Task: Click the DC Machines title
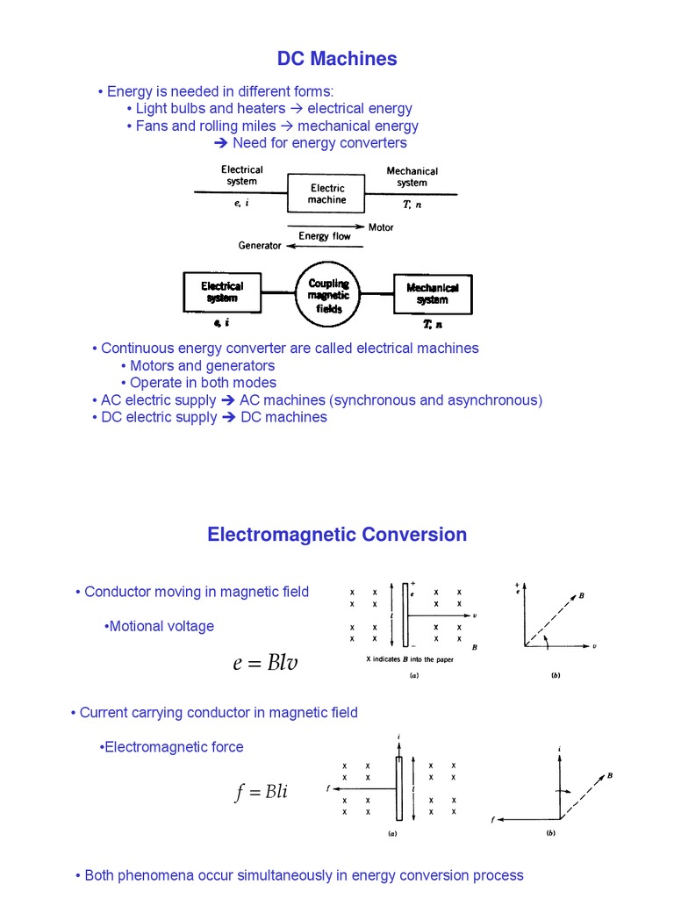(337, 59)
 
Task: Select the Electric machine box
(326, 194)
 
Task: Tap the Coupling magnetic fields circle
(329, 296)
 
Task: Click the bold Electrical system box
(222, 291)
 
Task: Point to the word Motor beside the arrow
(381, 227)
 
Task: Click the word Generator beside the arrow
(260, 246)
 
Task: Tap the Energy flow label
(324, 236)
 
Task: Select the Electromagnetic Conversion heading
(337, 535)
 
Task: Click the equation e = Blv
(265, 663)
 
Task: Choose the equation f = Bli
(261, 793)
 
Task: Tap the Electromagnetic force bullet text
(173, 747)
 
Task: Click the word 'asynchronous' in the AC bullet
(496, 399)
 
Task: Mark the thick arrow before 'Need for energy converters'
(221, 143)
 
